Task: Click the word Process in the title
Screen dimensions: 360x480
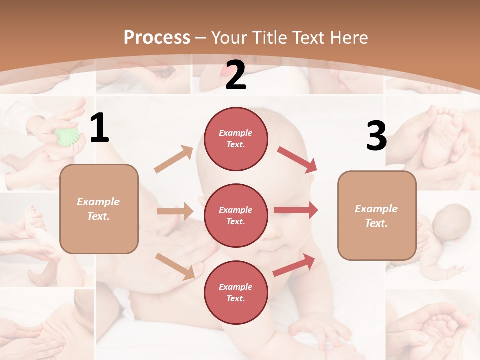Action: [x=157, y=38]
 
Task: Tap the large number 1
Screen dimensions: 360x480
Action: [x=99, y=128]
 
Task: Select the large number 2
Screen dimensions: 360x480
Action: [x=236, y=75]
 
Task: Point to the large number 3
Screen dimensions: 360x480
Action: [x=376, y=136]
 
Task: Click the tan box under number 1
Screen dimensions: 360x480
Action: [x=99, y=209]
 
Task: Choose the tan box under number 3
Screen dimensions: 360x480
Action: [x=377, y=216]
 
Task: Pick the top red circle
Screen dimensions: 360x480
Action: [x=236, y=139]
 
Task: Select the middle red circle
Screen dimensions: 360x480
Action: [x=236, y=215]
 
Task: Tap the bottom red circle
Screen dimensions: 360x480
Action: [x=236, y=292]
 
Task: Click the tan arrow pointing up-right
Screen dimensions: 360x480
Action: [x=174, y=159]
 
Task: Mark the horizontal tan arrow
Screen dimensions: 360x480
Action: [x=175, y=211]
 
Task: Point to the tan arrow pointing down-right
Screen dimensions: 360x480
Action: [x=175, y=265]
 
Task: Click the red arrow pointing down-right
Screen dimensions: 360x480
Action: [x=297, y=159]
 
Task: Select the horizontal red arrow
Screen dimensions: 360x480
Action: [x=296, y=210]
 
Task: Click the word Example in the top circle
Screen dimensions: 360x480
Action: [x=236, y=133]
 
